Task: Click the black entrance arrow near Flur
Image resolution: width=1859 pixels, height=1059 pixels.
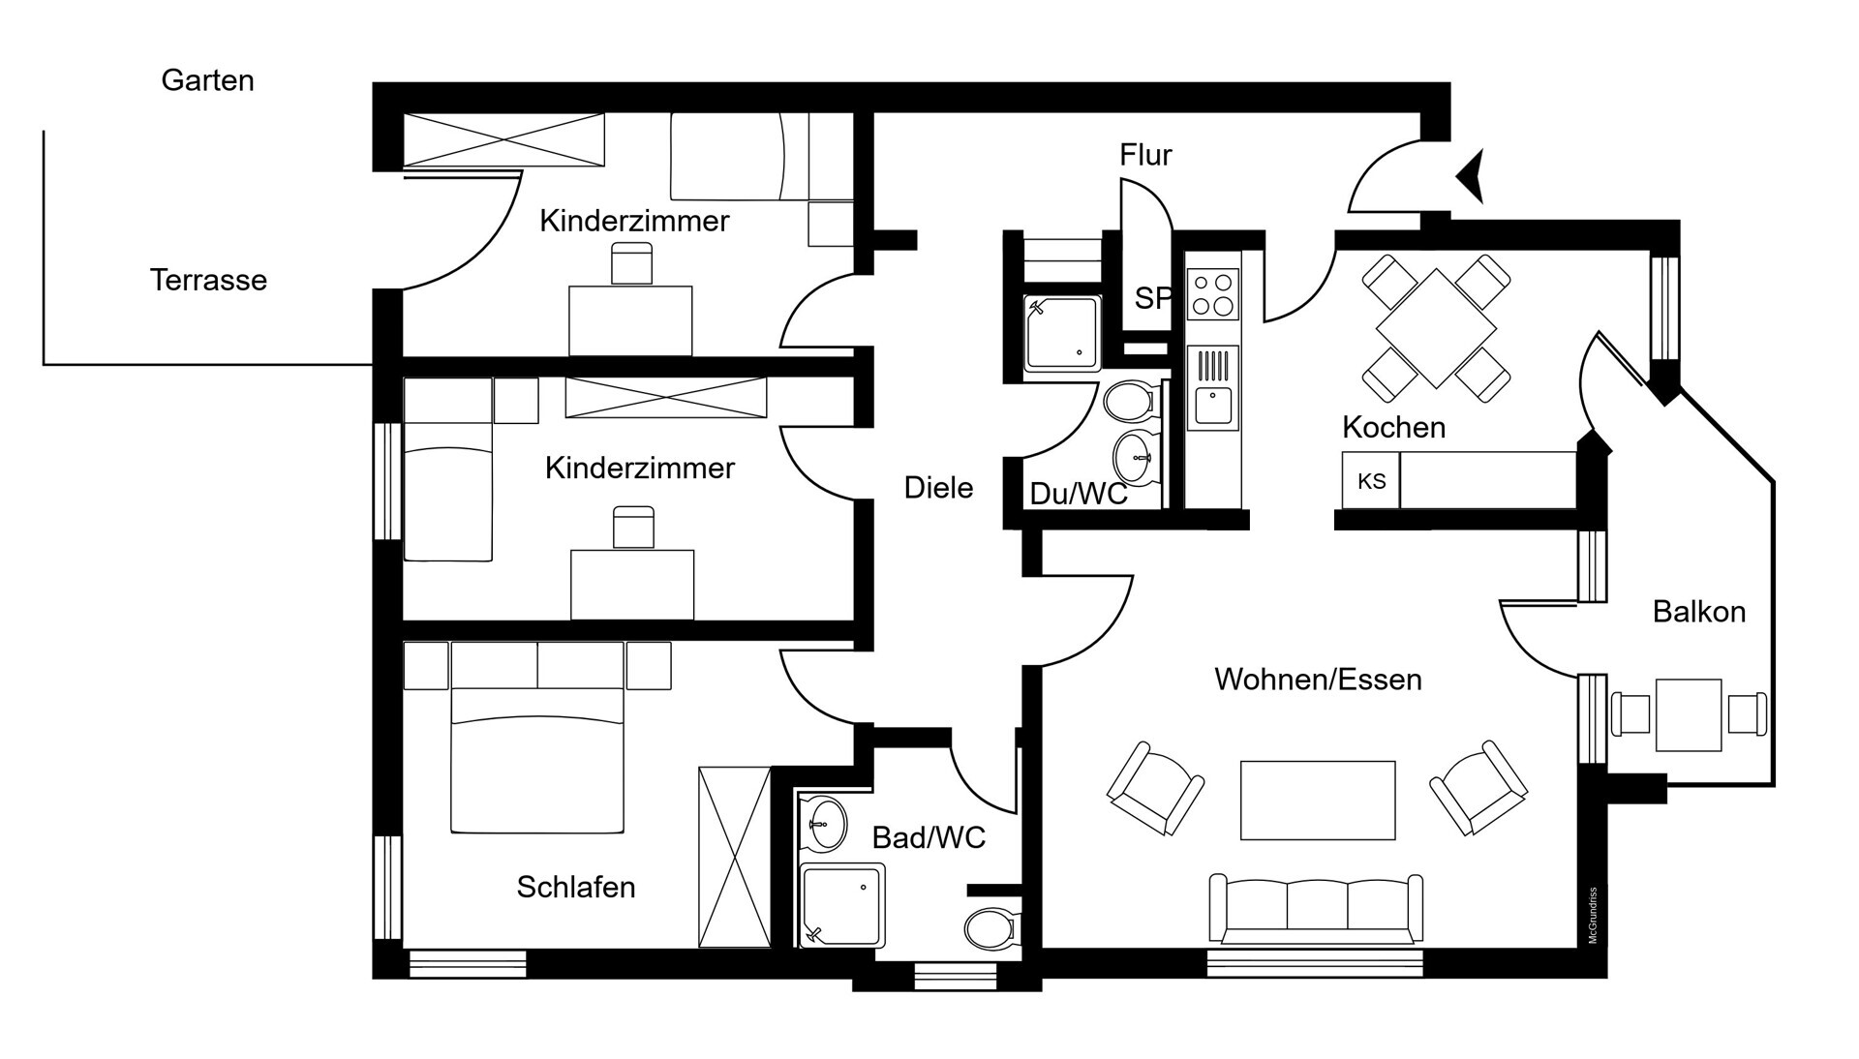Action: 1472,177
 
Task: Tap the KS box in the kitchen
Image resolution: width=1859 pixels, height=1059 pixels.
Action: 1371,480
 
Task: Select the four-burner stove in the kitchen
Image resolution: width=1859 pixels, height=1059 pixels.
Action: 1213,294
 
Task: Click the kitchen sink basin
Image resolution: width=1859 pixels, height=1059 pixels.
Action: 1213,407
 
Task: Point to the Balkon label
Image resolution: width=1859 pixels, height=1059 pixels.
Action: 1699,612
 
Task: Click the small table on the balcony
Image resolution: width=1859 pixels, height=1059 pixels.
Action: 1689,715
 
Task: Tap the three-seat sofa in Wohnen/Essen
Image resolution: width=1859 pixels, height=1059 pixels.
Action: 1317,908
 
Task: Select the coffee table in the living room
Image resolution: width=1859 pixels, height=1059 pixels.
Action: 1318,800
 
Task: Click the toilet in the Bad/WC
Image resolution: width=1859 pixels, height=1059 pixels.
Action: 990,928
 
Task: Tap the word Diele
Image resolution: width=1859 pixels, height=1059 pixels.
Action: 938,487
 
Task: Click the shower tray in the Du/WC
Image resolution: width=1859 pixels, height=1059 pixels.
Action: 1063,333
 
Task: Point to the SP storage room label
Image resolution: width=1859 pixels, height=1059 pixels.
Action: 1152,298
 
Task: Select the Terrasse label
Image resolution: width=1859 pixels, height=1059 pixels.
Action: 208,280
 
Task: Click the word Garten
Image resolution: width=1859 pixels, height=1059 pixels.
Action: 207,80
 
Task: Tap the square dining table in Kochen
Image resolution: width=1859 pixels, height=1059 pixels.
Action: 1436,328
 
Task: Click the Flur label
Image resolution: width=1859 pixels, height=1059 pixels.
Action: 1145,155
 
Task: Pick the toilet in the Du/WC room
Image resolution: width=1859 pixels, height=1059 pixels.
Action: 1130,401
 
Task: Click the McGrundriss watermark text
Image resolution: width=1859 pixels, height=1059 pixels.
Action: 1593,916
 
